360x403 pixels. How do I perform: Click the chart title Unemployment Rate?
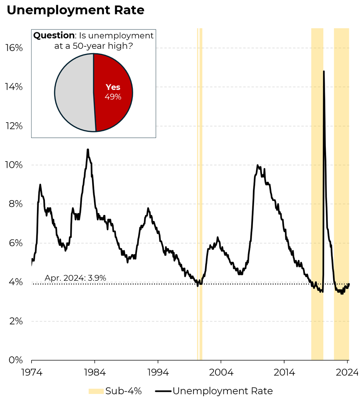75,10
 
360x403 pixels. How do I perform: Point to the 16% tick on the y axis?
14,48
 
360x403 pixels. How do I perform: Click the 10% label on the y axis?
14,165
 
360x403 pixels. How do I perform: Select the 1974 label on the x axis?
32,372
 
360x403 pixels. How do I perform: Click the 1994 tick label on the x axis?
158,372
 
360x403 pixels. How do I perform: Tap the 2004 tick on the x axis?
221,372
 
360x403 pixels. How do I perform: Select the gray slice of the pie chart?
74,92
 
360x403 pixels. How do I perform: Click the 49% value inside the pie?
113,97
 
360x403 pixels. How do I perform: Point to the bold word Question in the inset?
54,36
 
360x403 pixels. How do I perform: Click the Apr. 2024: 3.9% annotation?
75,278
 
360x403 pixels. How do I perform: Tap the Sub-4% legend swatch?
96,391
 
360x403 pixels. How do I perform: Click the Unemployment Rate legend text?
222,391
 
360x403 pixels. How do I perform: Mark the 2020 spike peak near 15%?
324,71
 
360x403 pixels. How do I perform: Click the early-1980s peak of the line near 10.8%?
88,149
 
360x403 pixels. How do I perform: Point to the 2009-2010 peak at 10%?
257,165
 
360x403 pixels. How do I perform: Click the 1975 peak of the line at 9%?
40,184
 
